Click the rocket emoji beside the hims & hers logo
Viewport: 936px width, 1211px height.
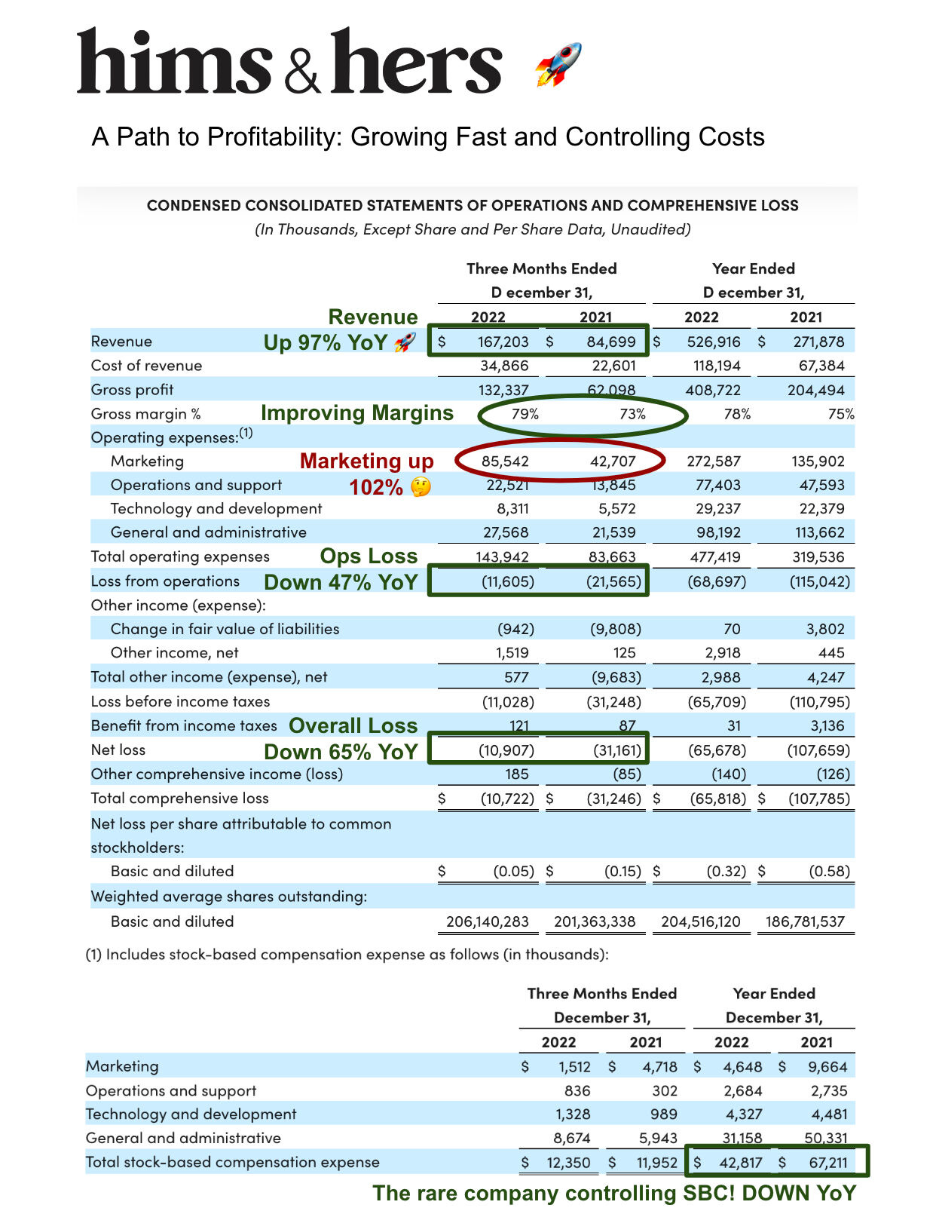(x=558, y=64)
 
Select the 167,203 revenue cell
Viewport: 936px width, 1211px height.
(x=503, y=342)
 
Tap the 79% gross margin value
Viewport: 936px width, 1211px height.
(x=525, y=414)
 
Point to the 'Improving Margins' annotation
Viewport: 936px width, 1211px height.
(x=356, y=413)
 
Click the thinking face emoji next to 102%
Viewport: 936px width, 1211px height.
(x=421, y=487)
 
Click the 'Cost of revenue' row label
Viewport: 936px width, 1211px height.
(x=146, y=366)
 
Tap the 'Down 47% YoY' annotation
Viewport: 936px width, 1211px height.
(x=341, y=582)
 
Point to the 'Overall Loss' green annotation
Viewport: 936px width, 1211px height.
(x=353, y=725)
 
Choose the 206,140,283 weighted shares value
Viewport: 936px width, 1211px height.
(x=488, y=921)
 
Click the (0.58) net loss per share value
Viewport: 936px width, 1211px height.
(x=829, y=872)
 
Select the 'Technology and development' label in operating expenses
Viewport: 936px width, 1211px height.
(x=216, y=509)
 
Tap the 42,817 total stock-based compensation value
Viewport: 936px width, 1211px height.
(x=740, y=1163)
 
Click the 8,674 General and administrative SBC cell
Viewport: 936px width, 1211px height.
(x=572, y=1138)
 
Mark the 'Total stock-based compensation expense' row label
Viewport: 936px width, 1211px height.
(x=232, y=1162)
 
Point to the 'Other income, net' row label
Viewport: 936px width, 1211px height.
(x=174, y=653)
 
